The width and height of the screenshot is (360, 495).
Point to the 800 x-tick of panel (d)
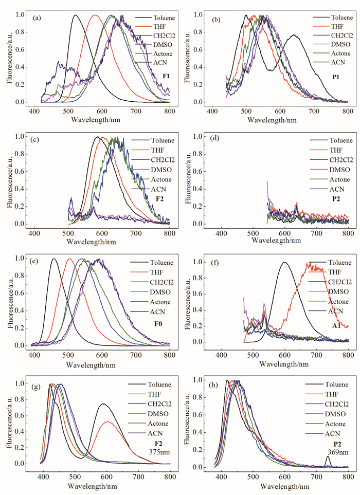click(348, 233)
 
